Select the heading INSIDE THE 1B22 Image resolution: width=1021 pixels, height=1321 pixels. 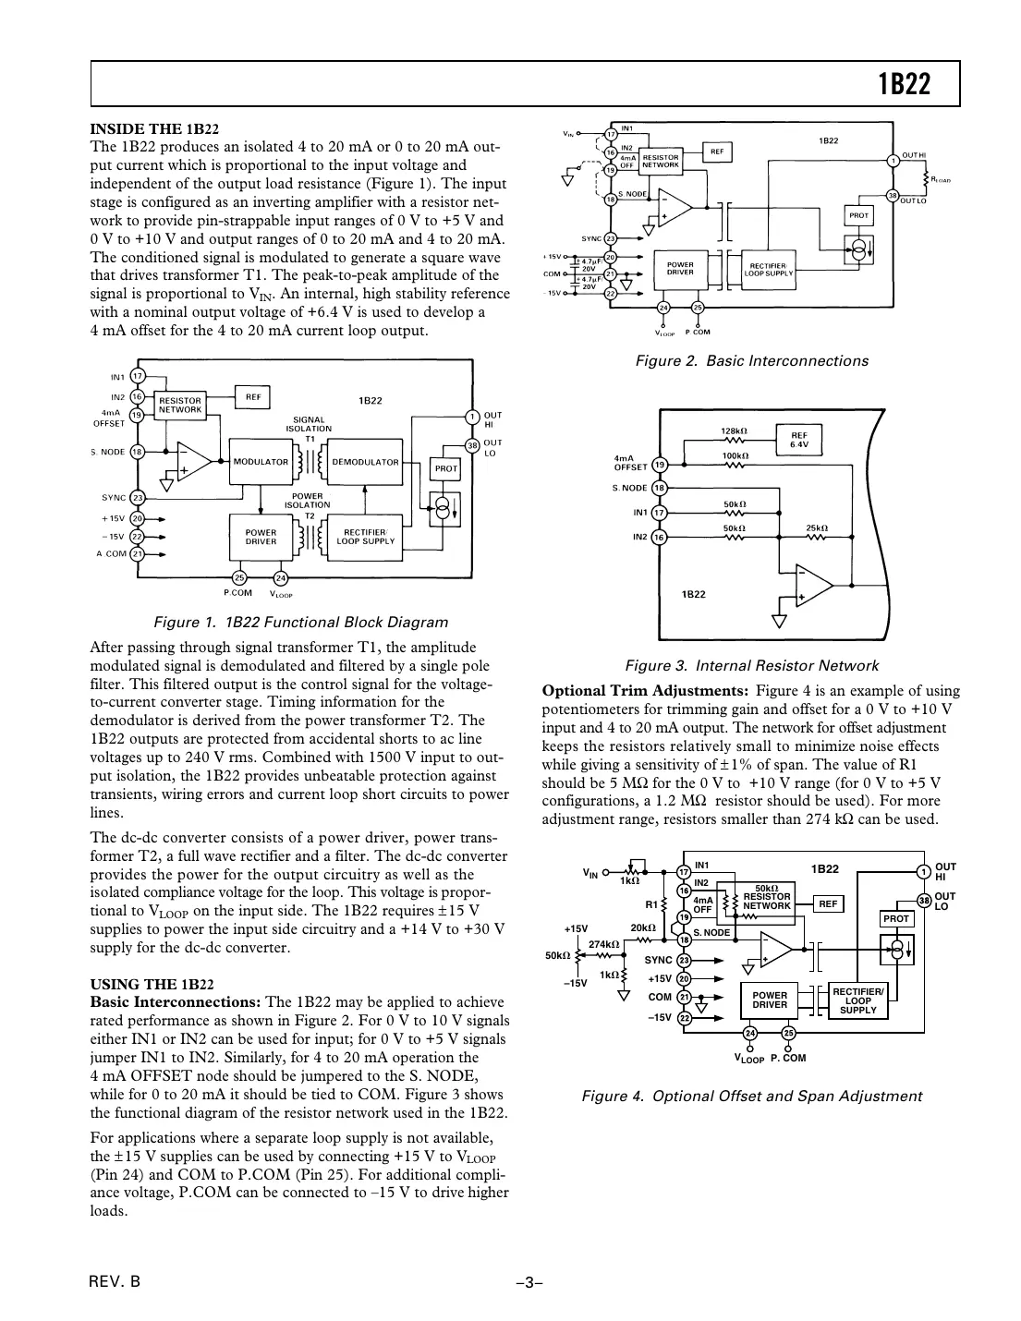click(x=154, y=128)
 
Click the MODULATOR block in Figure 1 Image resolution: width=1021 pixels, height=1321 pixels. click(x=261, y=462)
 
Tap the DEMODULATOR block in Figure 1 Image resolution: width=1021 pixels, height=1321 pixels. click(x=365, y=462)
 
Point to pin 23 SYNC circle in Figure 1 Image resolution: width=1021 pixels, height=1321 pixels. click(x=137, y=498)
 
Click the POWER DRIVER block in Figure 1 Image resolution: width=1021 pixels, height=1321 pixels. click(x=261, y=537)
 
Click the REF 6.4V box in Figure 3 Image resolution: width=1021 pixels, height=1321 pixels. click(x=799, y=440)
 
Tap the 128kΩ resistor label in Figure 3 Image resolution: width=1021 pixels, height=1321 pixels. click(x=734, y=430)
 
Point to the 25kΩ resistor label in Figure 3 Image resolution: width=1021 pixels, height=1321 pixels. click(x=816, y=527)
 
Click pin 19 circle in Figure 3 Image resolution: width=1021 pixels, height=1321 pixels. click(x=659, y=465)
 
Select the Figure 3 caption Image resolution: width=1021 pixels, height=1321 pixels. click(x=751, y=665)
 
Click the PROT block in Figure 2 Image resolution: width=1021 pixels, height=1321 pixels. click(x=858, y=215)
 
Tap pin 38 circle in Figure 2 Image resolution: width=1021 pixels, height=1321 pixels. click(x=893, y=195)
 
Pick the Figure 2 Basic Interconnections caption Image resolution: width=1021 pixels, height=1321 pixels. click(x=751, y=360)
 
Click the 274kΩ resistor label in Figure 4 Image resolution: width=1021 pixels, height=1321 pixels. click(x=603, y=944)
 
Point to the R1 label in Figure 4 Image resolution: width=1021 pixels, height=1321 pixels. click(x=650, y=903)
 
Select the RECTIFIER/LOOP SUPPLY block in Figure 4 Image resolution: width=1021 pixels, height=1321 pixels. click(x=857, y=1001)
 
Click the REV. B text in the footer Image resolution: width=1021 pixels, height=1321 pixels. click(x=115, y=1281)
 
